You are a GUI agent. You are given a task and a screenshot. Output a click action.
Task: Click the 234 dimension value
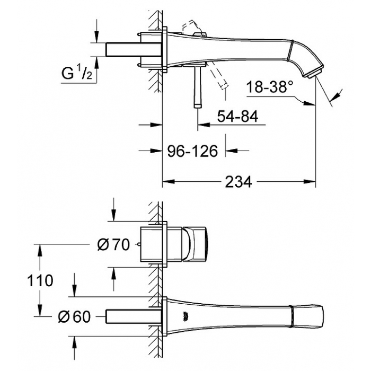[238, 182]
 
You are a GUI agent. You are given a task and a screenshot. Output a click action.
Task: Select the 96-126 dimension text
[192, 151]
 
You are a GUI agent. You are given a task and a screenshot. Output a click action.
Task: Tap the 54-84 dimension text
[238, 117]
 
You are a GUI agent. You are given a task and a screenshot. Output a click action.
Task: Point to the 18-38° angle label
[270, 86]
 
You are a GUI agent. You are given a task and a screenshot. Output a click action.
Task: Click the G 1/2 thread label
[77, 73]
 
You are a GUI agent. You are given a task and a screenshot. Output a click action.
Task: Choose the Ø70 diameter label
[113, 244]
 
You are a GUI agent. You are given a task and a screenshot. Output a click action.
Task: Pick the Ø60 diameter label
[74, 316]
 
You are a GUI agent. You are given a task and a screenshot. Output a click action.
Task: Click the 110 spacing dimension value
[40, 280]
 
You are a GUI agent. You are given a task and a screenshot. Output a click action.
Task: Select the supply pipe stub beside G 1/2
[134, 50]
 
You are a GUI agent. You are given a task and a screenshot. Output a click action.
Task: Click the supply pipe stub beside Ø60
[134, 316]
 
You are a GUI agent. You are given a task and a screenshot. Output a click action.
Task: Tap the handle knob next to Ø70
[195, 244]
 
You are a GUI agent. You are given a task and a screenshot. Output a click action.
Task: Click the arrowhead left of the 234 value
[168, 181]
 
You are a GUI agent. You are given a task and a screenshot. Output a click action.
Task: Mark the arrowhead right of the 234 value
[309, 181]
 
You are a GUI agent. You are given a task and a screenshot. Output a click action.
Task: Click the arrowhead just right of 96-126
[231, 151]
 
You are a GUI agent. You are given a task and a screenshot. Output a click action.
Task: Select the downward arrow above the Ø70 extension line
[113, 210]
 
